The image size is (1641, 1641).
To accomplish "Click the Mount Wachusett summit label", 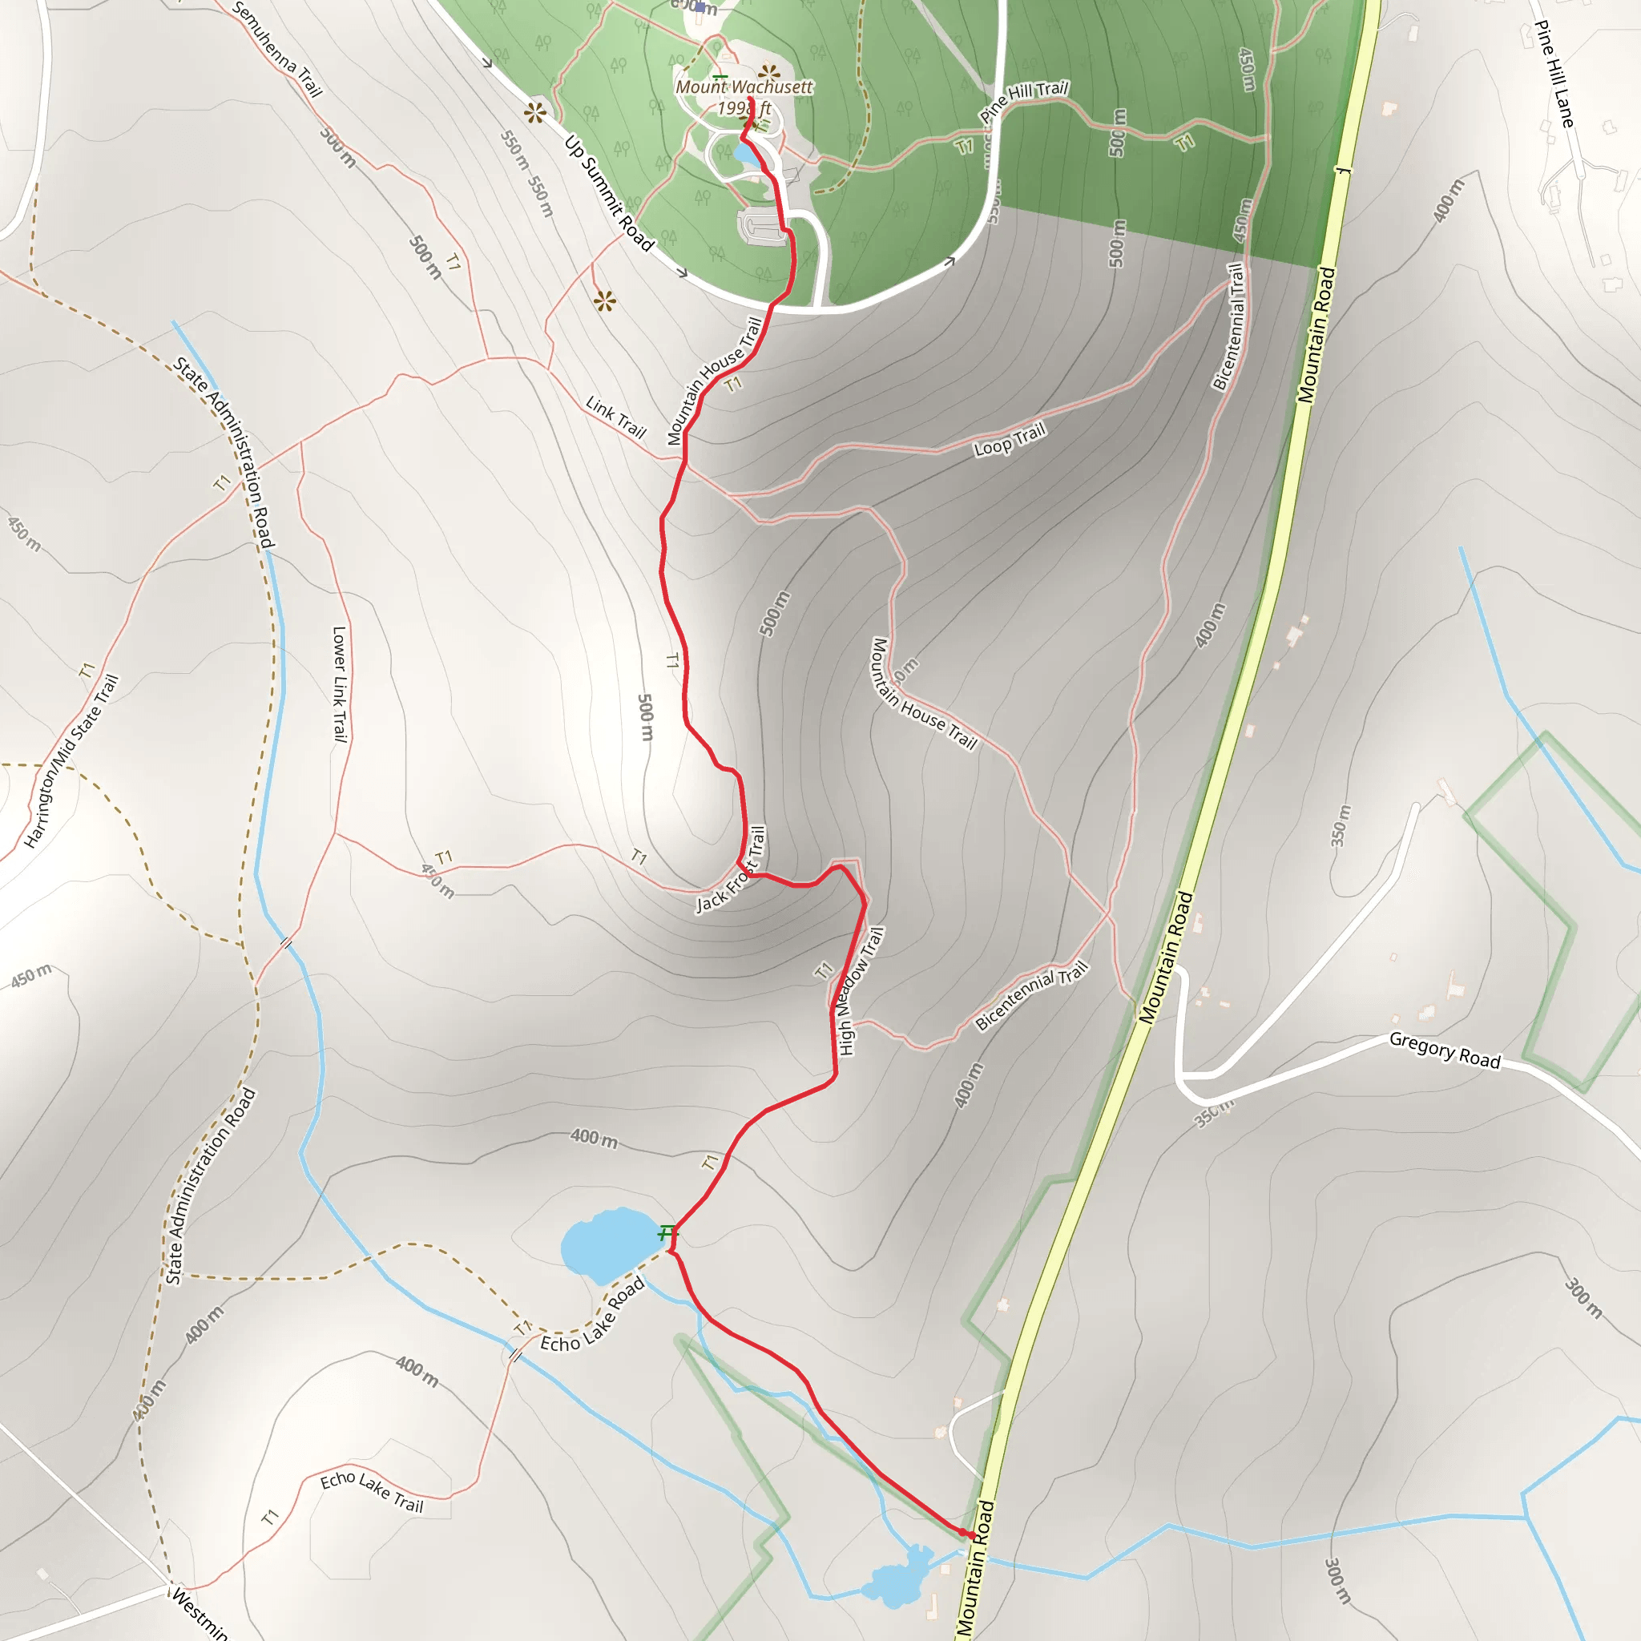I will pos(744,87).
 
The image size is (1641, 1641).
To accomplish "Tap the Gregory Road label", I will pos(1444,1051).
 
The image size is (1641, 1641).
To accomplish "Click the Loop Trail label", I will pos(1009,439).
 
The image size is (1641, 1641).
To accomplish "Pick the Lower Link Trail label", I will pos(340,683).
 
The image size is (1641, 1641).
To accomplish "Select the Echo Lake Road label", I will pos(593,1315).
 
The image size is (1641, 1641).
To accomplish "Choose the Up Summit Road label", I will pos(609,194).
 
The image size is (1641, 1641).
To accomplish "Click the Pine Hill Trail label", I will pos(1023,100).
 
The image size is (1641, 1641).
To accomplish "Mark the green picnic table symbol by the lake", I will pos(667,1231).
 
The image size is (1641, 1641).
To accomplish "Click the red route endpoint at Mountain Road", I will pos(970,1534).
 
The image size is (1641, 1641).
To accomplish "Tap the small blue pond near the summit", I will pos(745,155).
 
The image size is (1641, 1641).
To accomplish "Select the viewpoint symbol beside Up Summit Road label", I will pos(535,112).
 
